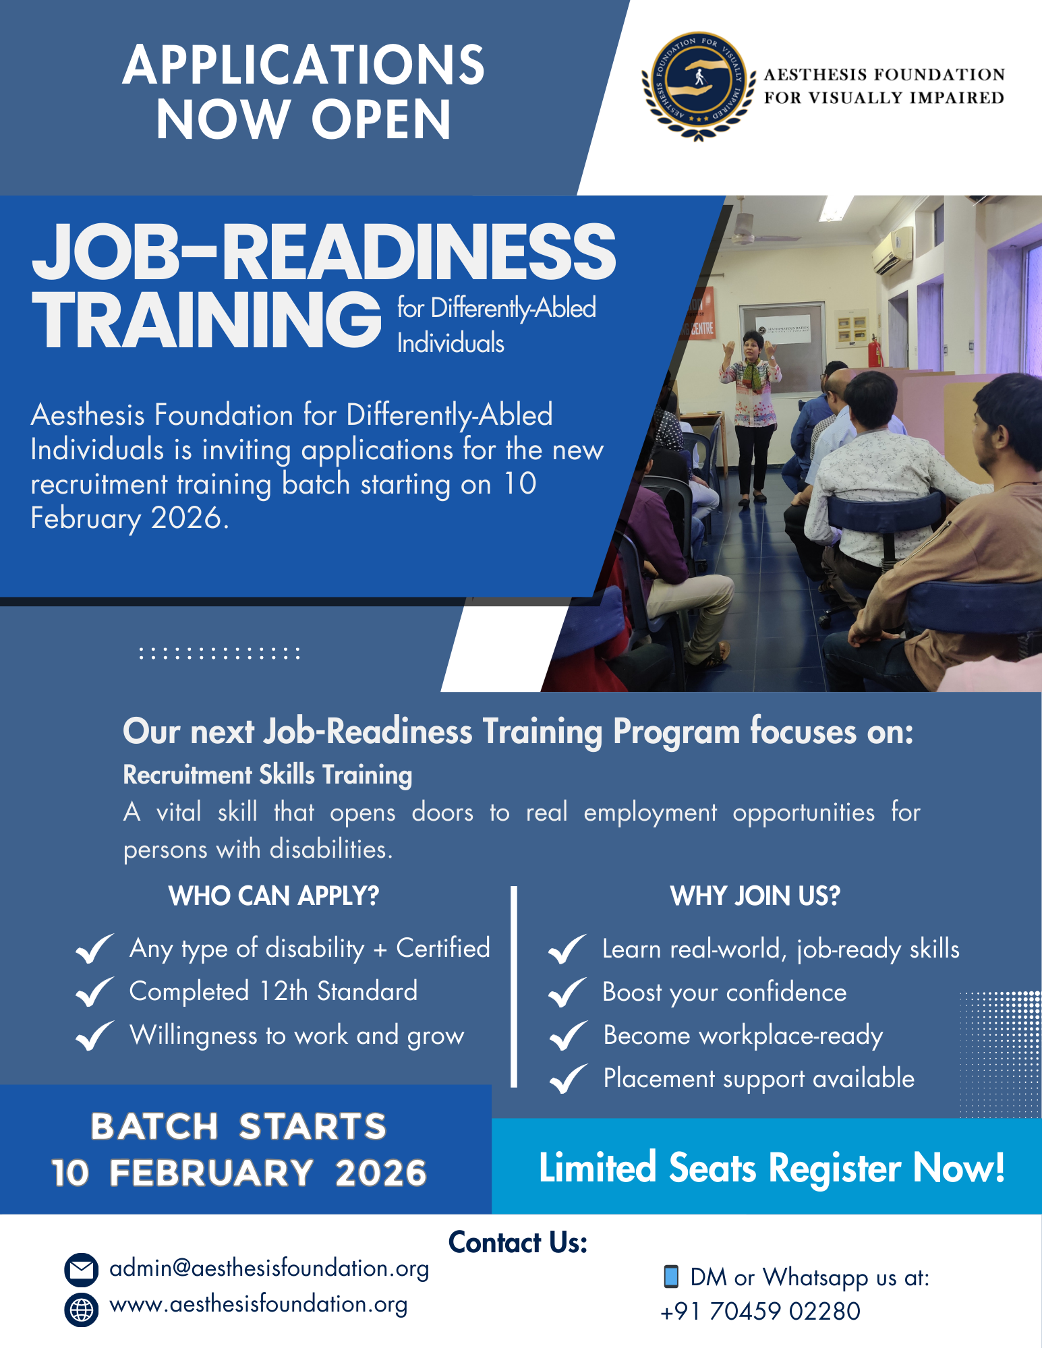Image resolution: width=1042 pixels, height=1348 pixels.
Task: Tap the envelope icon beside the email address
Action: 82,1270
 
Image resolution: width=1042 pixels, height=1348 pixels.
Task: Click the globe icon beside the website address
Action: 82,1309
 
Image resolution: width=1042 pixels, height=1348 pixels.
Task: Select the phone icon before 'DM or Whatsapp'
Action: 670,1276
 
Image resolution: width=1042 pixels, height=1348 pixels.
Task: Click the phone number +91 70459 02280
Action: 760,1312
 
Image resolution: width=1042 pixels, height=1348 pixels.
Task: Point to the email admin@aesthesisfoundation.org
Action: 269,1268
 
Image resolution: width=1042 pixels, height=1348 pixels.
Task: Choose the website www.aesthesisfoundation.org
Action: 258,1305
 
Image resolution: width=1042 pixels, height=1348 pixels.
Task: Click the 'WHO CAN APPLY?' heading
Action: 274,896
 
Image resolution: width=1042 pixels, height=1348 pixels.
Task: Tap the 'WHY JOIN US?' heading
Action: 755,896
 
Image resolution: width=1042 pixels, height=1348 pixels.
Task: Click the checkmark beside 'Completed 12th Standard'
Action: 94,992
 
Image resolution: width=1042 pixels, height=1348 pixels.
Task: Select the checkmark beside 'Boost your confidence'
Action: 568,993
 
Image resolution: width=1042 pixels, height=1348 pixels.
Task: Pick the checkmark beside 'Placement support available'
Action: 568,1079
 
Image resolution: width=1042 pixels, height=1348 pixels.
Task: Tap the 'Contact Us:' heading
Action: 518,1242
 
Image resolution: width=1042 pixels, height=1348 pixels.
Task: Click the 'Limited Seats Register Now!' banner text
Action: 772,1168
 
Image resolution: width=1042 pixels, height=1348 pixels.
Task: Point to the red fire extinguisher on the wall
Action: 874,351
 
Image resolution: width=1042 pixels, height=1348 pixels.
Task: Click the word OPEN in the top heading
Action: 381,119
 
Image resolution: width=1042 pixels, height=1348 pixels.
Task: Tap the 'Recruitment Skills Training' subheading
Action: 268,775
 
